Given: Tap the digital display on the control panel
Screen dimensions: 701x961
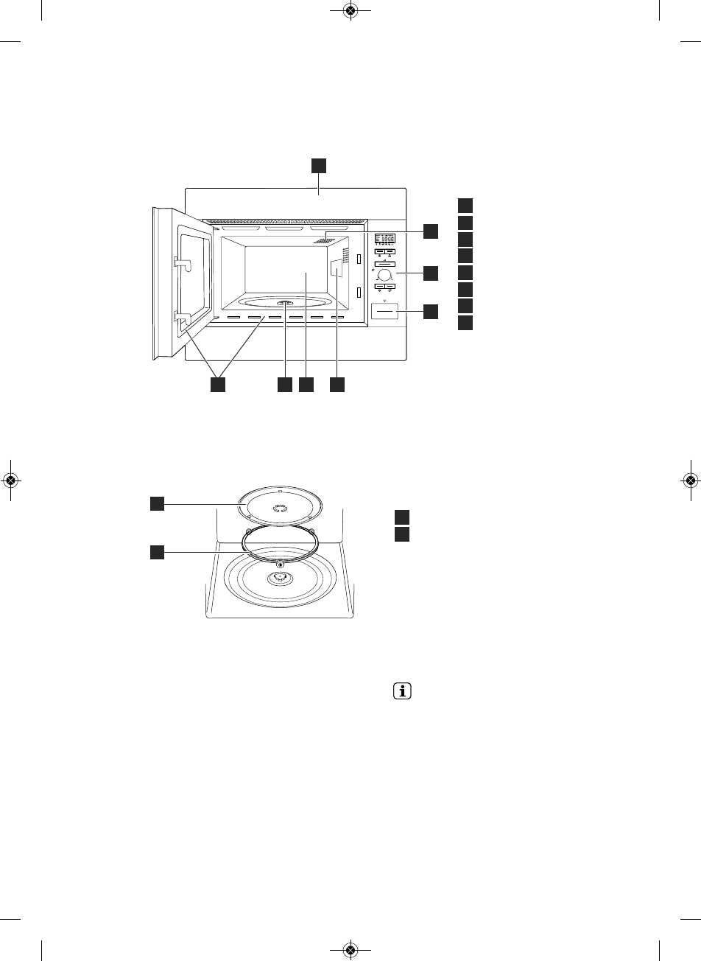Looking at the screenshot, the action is click(385, 240).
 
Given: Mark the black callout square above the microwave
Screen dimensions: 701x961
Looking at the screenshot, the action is click(318, 164).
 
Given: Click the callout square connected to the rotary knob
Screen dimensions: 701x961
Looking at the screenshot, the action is click(430, 273).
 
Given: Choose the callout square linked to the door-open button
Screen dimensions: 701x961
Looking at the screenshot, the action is click(430, 312).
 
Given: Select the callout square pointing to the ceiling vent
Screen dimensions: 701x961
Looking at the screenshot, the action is click(430, 231).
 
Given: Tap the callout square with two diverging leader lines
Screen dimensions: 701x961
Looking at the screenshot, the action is click(216, 385).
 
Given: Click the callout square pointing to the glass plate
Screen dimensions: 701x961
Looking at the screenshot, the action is click(157, 503).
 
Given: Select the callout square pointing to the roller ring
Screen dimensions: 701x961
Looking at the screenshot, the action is click(157, 551).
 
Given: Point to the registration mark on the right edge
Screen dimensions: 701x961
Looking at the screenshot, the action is click(690, 480).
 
